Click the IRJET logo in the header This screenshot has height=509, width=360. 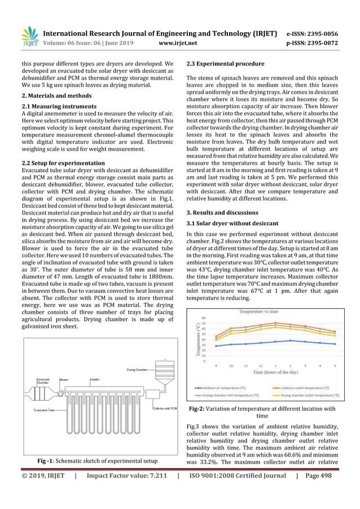pyautogui.click(x=29, y=36)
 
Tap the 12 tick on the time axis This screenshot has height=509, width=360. pyautogui.click(x=261, y=366)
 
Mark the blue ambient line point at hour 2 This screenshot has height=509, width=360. pyautogui.click(x=289, y=341)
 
